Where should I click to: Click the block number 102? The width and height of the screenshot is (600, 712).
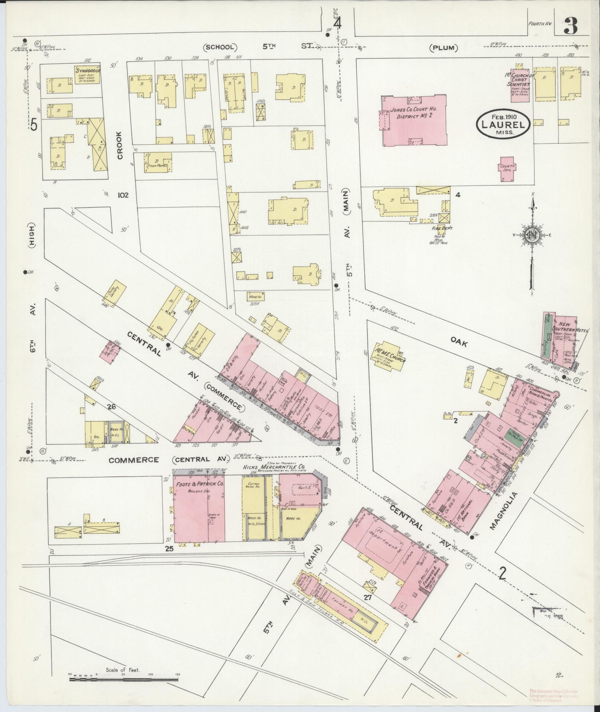123,195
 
